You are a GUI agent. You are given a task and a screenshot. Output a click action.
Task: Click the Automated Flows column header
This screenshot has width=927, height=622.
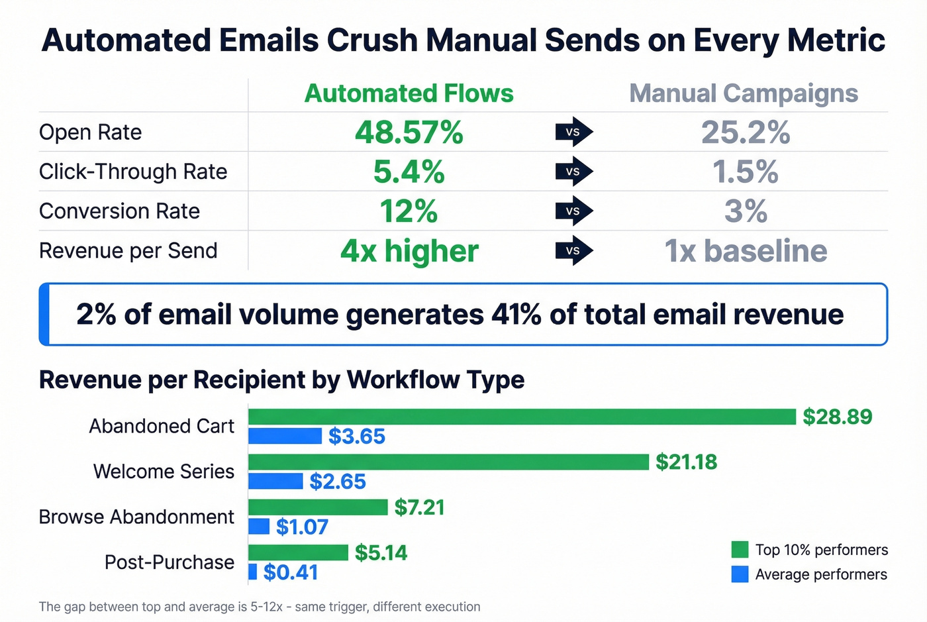click(409, 93)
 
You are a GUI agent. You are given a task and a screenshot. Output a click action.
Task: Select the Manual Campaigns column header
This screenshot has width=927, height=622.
click(743, 93)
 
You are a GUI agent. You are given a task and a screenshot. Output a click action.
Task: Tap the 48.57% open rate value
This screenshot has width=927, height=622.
click(409, 132)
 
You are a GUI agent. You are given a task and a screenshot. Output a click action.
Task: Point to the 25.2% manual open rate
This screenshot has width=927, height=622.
click(746, 132)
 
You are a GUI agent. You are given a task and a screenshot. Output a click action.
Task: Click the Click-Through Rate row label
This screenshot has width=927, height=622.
click(133, 172)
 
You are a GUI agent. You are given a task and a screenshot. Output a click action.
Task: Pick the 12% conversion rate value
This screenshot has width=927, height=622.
click(409, 211)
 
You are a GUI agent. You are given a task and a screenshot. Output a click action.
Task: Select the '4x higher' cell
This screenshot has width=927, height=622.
click(409, 251)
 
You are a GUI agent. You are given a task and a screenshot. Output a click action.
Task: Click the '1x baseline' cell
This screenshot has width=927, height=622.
click(746, 251)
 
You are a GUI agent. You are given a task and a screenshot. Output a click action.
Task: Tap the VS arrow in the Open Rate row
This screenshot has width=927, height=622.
click(573, 132)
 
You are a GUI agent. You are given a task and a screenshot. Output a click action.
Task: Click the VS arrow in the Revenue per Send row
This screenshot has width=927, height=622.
click(573, 251)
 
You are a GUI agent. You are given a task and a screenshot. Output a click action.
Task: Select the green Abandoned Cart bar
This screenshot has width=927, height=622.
click(522, 417)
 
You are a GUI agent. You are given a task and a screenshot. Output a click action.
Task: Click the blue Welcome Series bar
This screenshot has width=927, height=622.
click(275, 481)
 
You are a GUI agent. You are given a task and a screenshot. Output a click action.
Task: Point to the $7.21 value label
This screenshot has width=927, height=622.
click(419, 507)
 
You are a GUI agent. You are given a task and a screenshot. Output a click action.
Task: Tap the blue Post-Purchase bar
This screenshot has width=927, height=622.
click(252, 572)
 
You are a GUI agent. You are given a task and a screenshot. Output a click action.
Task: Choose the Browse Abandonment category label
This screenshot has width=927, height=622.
click(136, 517)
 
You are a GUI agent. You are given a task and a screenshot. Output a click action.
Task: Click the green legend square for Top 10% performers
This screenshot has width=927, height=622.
click(740, 550)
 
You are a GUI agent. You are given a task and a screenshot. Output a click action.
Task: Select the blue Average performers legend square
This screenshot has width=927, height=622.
click(740, 574)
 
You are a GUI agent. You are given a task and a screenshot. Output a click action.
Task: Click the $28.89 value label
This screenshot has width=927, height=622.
click(837, 417)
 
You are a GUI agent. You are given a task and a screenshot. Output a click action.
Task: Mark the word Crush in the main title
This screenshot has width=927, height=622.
click(374, 40)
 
